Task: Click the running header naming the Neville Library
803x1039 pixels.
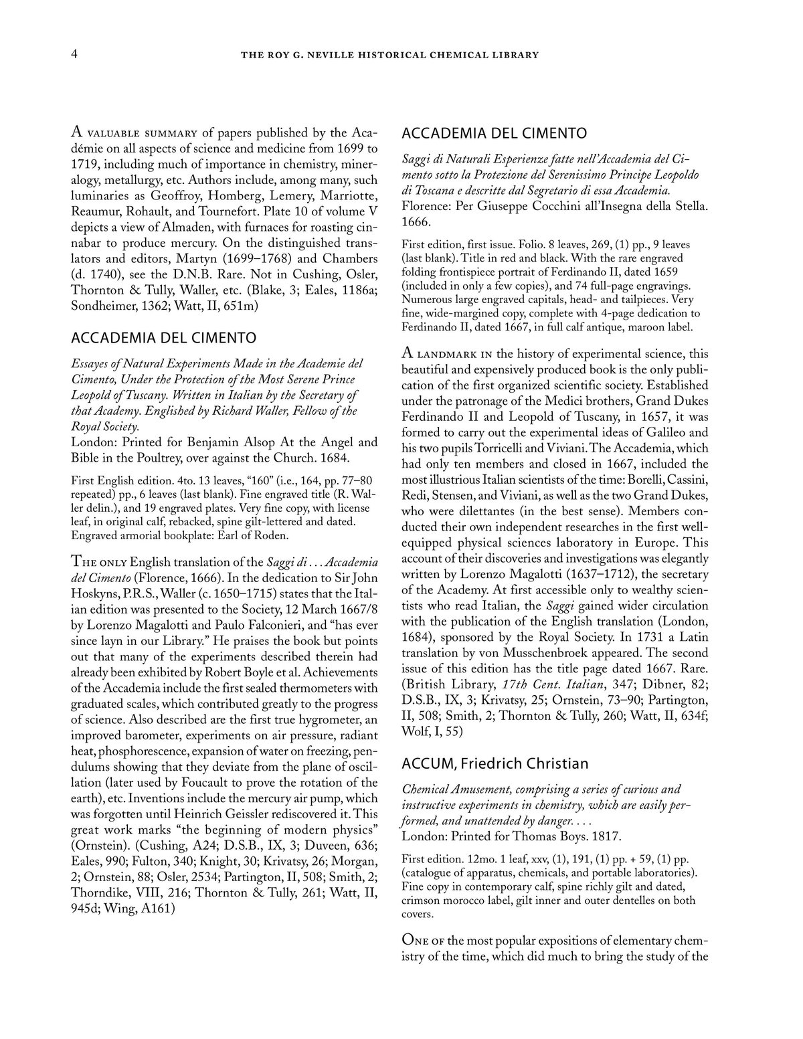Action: [x=389, y=55]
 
